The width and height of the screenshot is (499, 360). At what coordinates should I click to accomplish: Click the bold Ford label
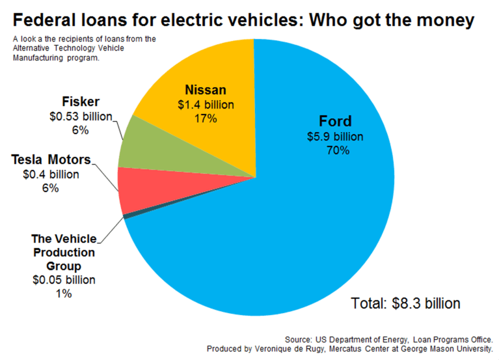(x=335, y=122)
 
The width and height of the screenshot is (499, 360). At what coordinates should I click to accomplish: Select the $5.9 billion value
(x=335, y=137)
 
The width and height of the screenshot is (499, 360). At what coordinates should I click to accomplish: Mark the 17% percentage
(x=206, y=118)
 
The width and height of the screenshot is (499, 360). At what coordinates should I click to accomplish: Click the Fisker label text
(x=81, y=102)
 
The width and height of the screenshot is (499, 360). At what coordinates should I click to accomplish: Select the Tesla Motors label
(x=51, y=159)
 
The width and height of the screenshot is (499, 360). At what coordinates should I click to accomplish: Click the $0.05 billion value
(x=64, y=280)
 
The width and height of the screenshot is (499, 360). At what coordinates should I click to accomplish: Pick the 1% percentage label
(x=63, y=294)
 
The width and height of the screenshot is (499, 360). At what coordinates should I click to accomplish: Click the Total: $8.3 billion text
(x=405, y=303)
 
